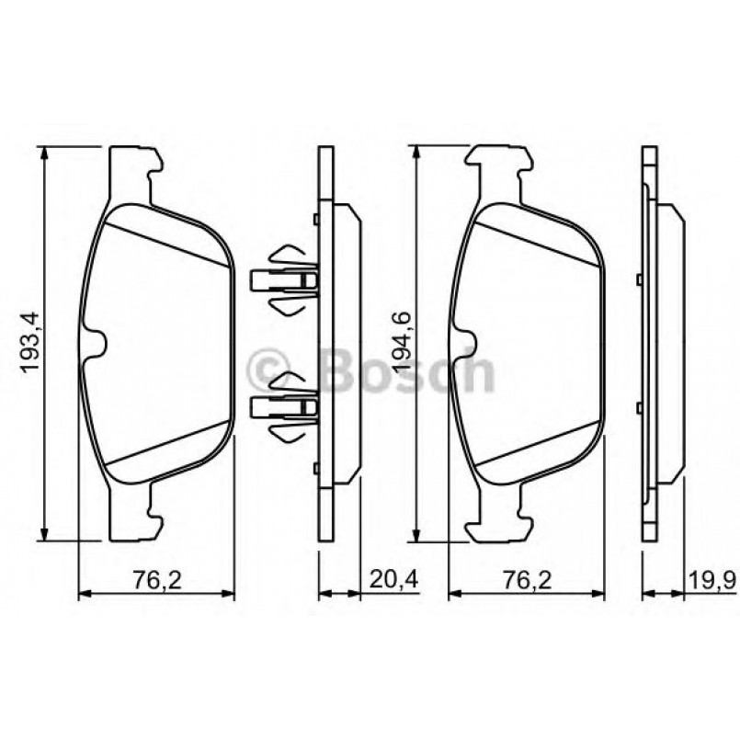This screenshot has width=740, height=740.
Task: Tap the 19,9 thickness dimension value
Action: point(710,580)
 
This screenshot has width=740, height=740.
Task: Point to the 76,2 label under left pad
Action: point(154,580)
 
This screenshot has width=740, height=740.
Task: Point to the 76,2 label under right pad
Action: point(525,580)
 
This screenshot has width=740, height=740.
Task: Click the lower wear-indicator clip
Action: point(284,404)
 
